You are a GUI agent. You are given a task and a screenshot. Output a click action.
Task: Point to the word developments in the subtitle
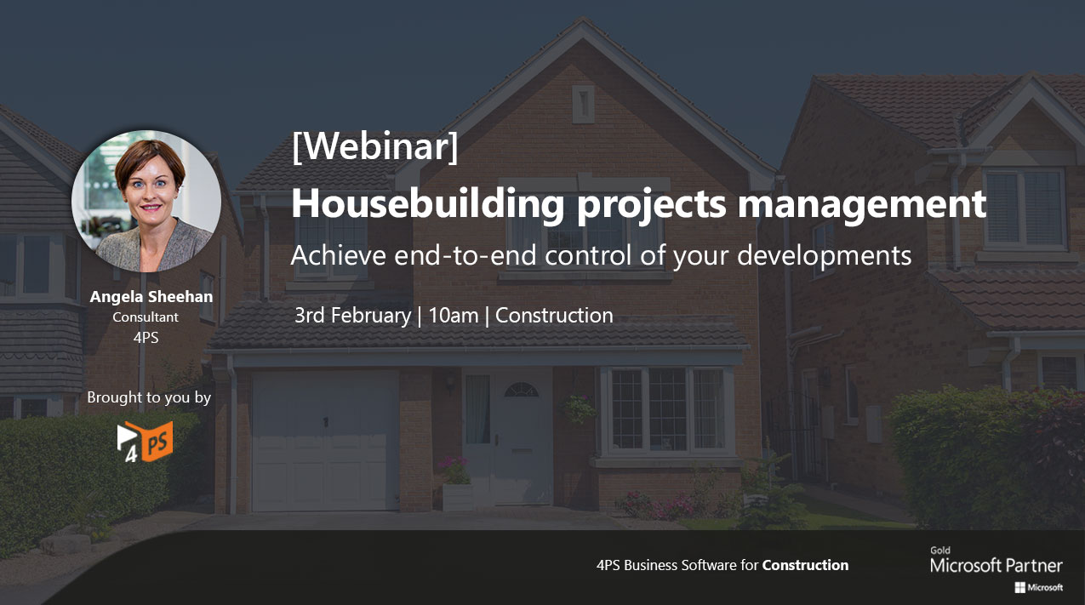(825, 255)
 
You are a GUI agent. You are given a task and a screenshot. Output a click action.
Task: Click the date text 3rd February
(352, 316)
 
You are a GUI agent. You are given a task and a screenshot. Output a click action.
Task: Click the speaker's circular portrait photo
(146, 202)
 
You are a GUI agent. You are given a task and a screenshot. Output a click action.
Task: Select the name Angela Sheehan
(151, 297)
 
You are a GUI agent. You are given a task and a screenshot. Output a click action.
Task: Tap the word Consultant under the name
(146, 317)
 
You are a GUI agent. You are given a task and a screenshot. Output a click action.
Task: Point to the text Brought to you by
(149, 397)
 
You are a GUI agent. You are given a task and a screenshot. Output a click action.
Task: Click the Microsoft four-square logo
(1019, 587)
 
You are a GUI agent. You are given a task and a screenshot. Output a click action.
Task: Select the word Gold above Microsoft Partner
(940, 551)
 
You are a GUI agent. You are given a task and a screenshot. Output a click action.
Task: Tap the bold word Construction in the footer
(805, 565)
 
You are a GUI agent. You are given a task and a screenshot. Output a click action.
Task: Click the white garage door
(325, 441)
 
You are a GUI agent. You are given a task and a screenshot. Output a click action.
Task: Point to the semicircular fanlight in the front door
(522, 390)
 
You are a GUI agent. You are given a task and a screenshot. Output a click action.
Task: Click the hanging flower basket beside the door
(580, 409)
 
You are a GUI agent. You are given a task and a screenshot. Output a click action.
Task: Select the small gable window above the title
(583, 105)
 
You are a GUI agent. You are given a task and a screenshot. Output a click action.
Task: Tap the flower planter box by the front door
(457, 496)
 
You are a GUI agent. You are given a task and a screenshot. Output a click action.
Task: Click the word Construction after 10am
(554, 316)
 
